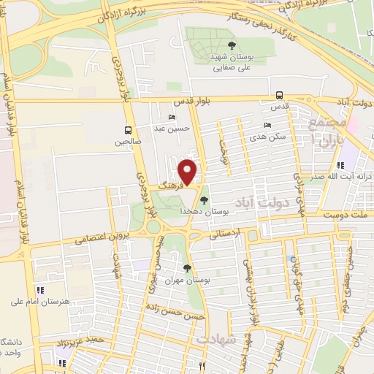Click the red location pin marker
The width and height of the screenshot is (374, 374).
188,171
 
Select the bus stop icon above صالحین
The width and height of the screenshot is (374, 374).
129,131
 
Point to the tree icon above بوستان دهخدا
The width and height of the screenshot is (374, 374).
204,199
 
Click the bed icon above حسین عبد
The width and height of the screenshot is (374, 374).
172,118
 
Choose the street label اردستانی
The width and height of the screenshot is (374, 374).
224,235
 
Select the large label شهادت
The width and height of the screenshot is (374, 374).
216,340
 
